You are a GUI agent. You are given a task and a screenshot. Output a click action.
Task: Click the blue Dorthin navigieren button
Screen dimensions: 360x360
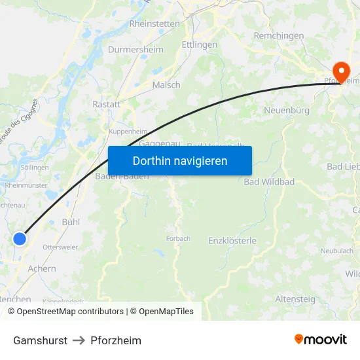click(180, 160)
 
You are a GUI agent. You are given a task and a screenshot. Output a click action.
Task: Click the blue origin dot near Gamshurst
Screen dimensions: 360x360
click(20, 239)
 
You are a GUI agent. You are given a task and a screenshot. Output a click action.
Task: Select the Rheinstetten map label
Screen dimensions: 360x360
click(154, 24)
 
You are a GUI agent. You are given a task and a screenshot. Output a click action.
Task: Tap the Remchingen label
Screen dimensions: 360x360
click(279, 35)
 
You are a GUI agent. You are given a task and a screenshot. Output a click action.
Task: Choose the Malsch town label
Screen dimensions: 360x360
click(166, 85)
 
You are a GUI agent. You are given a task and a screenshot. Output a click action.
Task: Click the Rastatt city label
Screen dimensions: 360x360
click(107, 104)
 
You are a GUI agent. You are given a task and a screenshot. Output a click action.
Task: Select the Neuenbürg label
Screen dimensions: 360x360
click(287, 111)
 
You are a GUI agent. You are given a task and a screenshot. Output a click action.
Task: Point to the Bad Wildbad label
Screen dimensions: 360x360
click(269, 182)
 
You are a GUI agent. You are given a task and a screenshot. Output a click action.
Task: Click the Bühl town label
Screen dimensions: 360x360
click(71, 222)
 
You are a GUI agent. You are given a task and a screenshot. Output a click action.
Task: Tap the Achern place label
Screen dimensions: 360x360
click(42, 268)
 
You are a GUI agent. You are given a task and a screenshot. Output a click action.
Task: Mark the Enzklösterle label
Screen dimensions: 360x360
click(232, 241)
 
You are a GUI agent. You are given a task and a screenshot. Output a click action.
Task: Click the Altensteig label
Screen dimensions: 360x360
click(295, 299)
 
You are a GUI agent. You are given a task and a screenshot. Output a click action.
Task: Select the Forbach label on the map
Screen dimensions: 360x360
click(178, 239)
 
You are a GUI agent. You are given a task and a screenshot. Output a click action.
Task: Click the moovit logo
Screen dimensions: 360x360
click(321, 339)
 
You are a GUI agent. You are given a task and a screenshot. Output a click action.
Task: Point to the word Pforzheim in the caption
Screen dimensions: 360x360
click(116, 340)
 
